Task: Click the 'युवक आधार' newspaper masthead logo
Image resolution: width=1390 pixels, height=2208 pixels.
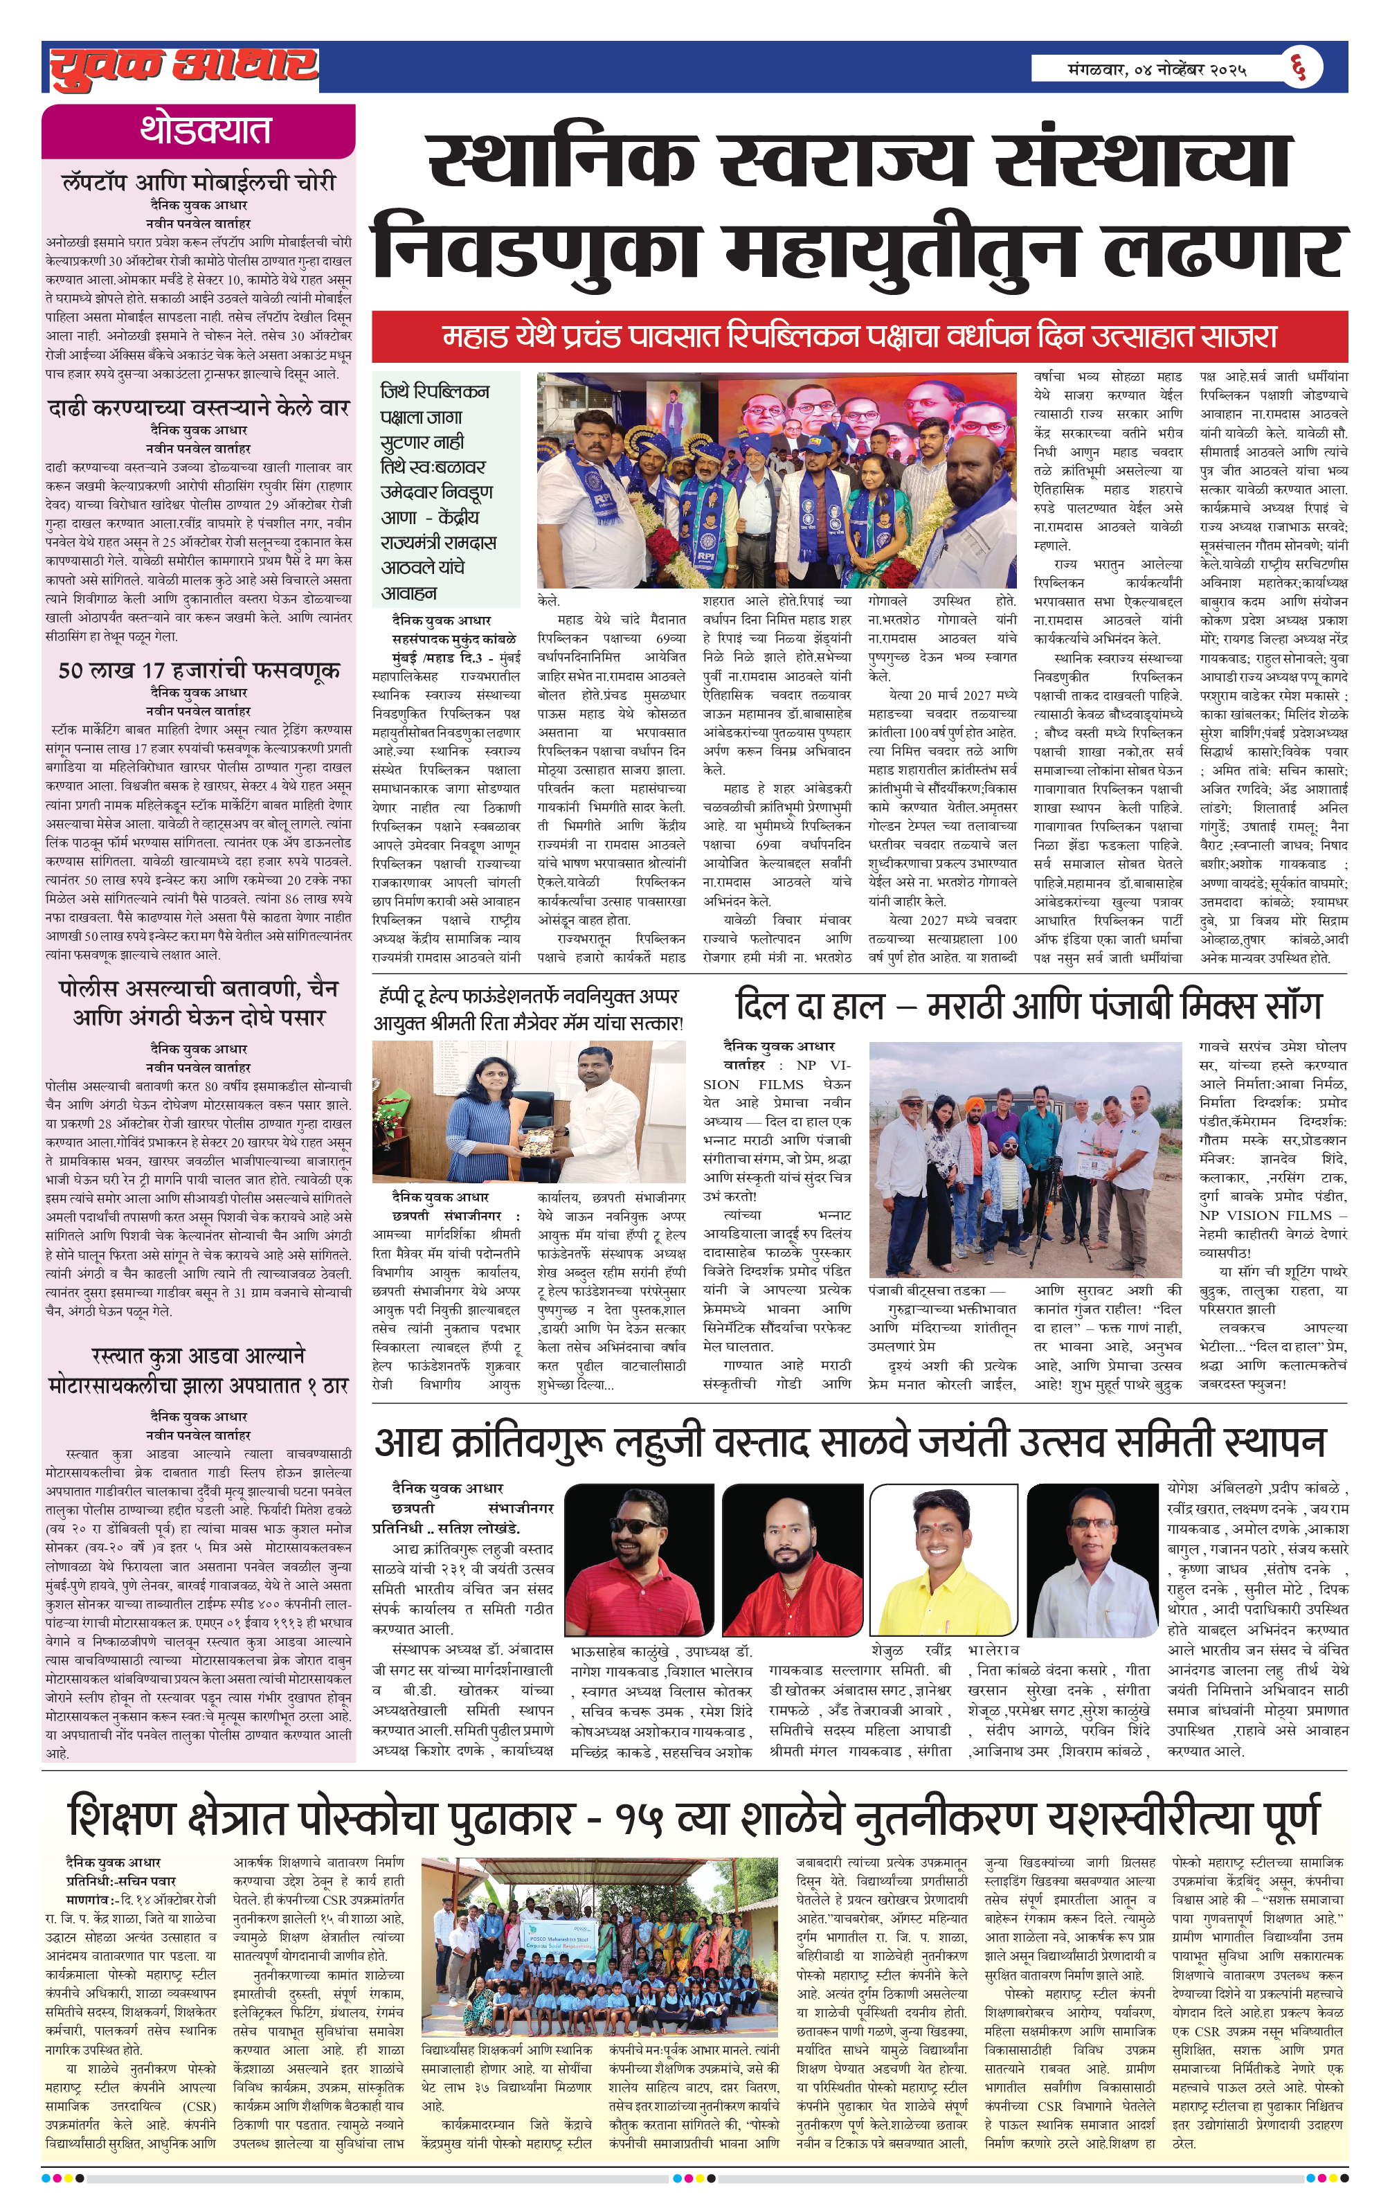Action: [183, 66]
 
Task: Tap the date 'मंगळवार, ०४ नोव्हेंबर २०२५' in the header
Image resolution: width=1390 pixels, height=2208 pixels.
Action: [1156, 68]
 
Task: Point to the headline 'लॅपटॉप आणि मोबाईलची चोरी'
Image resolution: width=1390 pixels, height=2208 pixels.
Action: [199, 181]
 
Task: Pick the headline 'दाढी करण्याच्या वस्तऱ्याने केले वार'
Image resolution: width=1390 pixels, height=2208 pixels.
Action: [199, 407]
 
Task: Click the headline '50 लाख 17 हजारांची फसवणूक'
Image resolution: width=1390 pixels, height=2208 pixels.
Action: [199, 670]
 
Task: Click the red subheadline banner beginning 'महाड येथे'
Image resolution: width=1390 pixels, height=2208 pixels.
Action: [859, 336]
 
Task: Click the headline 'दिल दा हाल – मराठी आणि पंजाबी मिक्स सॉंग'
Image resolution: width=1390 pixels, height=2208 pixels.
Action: [1027, 1007]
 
